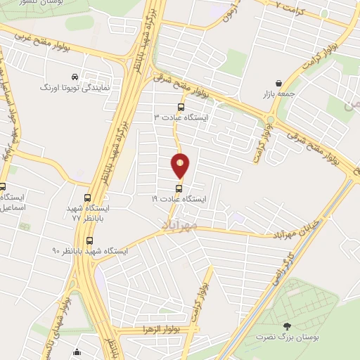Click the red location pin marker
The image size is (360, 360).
point(181,165)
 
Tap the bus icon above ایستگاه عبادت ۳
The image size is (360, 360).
point(181,107)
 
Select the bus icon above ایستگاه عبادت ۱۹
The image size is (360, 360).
point(179,188)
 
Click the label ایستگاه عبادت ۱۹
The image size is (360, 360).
point(179,199)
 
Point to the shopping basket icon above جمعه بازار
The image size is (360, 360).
point(280,83)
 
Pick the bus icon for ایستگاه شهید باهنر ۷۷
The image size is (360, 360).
point(88,198)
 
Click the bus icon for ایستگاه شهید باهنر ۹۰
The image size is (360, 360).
point(89,240)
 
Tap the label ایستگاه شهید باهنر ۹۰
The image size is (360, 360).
point(89,251)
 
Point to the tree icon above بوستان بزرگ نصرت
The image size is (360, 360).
point(286,326)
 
